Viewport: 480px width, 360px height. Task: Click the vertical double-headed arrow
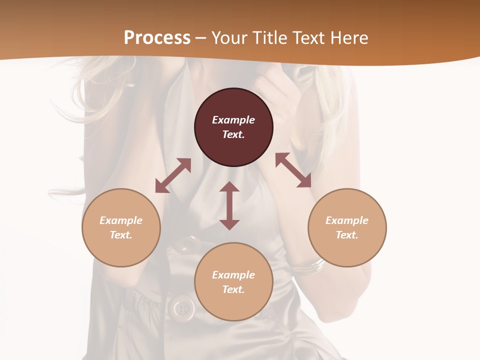point(229,205)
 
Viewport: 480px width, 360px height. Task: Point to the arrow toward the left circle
point(173,175)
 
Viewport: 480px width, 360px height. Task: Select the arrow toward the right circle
point(293,170)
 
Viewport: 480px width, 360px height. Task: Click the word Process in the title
point(157,38)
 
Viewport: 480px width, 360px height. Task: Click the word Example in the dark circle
point(233,120)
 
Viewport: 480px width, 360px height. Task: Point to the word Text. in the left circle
point(121,235)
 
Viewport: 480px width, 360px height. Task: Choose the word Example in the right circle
point(347,220)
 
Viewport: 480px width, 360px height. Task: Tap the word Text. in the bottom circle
point(233,289)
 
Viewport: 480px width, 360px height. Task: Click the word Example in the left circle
point(121,220)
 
